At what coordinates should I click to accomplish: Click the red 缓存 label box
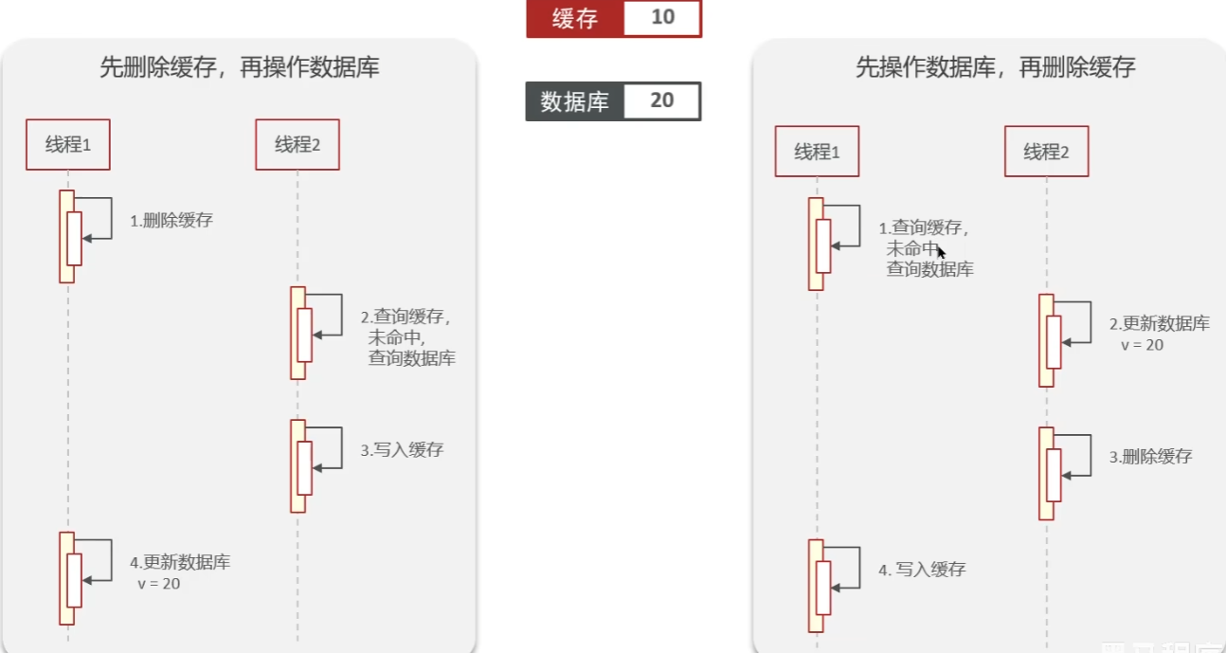pyautogui.click(x=574, y=19)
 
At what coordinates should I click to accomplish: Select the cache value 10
pyautogui.click(x=662, y=19)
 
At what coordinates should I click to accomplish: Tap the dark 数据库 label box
pyautogui.click(x=574, y=101)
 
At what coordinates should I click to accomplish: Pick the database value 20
pyautogui.click(x=662, y=101)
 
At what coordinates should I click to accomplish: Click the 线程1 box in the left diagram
pyautogui.click(x=68, y=145)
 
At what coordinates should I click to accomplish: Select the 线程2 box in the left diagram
pyautogui.click(x=297, y=145)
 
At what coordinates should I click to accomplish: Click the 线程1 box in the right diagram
pyautogui.click(x=817, y=152)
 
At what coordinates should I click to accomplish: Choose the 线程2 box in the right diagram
pyautogui.click(x=1046, y=152)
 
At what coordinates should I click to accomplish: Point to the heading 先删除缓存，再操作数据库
pyautogui.click(x=240, y=67)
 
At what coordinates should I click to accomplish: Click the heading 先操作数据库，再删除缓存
pyautogui.click(x=995, y=67)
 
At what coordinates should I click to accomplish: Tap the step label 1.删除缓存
pyautogui.click(x=171, y=221)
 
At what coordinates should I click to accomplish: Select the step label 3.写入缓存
pyautogui.click(x=402, y=450)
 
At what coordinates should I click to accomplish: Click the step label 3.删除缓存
pyautogui.click(x=1151, y=457)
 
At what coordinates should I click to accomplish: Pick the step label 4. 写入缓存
pyautogui.click(x=922, y=570)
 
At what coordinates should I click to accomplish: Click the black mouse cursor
pyautogui.click(x=941, y=252)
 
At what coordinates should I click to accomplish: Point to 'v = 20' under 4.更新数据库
pyautogui.click(x=159, y=584)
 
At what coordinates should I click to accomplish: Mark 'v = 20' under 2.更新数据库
pyautogui.click(x=1143, y=345)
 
